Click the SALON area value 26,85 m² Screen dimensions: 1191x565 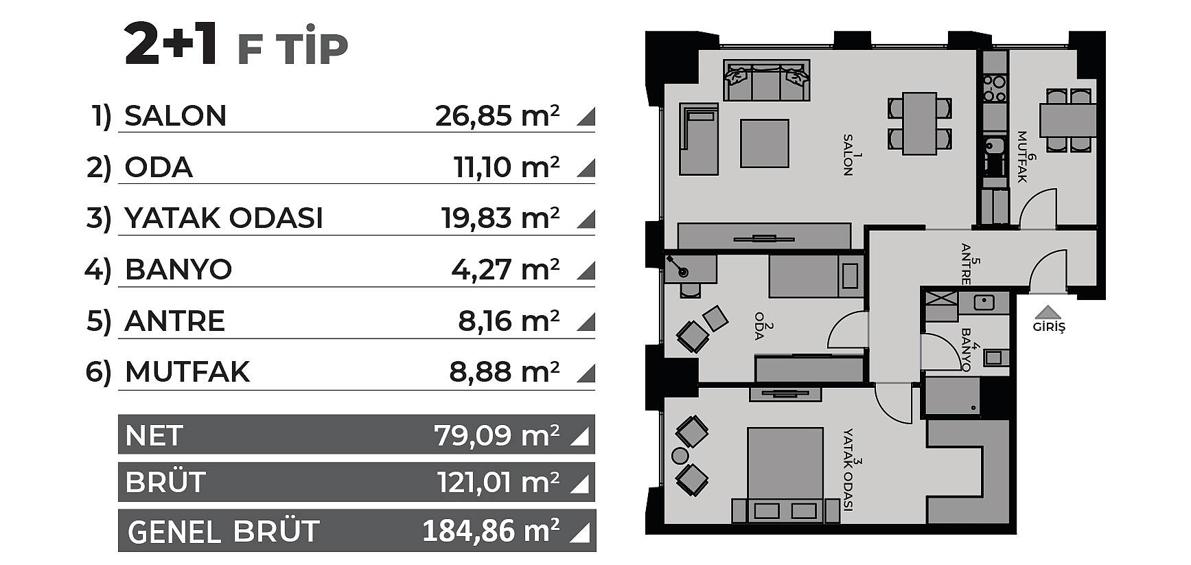click(x=497, y=115)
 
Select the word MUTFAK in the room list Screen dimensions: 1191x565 click(x=187, y=372)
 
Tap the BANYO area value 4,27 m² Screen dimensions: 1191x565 click(x=505, y=269)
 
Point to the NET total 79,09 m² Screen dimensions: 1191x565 click(x=496, y=435)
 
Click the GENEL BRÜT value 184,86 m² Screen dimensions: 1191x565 click(x=491, y=531)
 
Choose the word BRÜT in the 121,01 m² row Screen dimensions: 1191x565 click(x=165, y=483)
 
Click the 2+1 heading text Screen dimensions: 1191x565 click(x=171, y=45)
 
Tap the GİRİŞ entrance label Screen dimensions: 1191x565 click(x=1049, y=327)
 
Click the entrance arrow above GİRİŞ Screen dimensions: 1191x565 click(x=1048, y=311)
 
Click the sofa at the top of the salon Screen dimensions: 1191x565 click(x=766, y=80)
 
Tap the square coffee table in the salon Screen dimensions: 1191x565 click(x=764, y=143)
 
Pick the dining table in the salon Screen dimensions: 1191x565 click(x=920, y=124)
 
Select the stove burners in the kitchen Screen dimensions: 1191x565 click(x=993, y=89)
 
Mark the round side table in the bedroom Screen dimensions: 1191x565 click(x=680, y=455)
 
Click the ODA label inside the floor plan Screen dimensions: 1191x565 click(x=760, y=327)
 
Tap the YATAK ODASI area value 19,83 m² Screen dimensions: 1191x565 click(x=500, y=218)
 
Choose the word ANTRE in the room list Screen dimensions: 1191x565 click(x=175, y=321)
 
